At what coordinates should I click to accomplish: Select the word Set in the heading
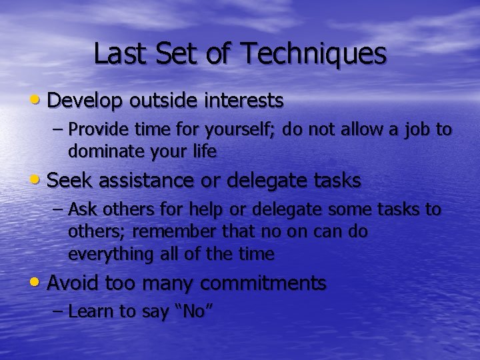(176, 54)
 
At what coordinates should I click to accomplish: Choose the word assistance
(138, 180)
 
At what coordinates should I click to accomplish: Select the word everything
(109, 254)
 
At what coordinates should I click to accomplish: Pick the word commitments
(263, 283)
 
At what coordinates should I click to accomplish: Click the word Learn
(90, 311)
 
